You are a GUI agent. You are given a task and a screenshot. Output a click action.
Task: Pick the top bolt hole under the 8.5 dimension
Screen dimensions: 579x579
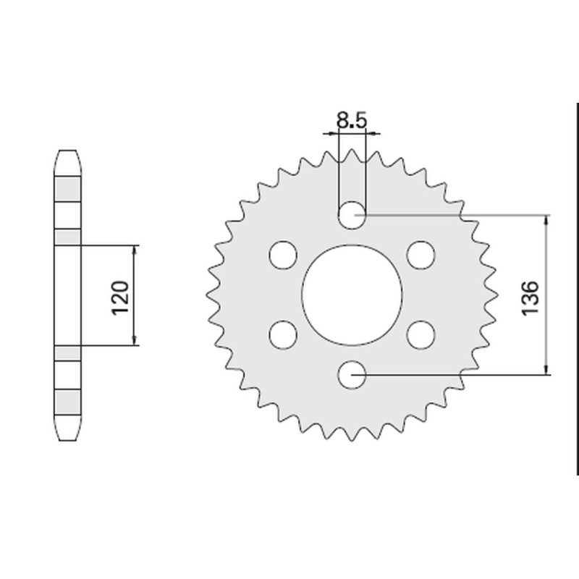coord(352,214)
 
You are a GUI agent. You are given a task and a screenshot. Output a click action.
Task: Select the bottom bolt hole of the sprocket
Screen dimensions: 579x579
coord(352,374)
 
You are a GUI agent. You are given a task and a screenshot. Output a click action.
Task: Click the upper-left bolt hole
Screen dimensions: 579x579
coord(283,255)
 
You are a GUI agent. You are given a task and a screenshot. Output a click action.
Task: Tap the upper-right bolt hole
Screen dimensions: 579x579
coord(420,255)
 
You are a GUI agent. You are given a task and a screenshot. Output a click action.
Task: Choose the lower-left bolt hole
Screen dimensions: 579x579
coord(283,334)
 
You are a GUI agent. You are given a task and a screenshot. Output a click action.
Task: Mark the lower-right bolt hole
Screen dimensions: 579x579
coord(420,334)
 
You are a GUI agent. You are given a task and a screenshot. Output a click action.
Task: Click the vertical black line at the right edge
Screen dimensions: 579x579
coord(577,289)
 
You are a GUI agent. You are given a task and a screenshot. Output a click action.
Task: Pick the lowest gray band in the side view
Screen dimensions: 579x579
coord(69,400)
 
